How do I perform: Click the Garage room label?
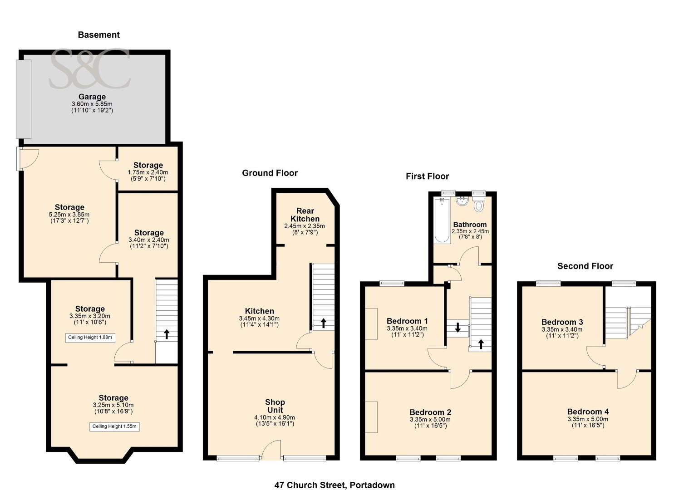click(x=92, y=97)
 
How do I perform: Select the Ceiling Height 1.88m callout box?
click(x=90, y=338)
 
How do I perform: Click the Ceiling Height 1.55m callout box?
click(x=114, y=426)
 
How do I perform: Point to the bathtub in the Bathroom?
click(x=442, y=220)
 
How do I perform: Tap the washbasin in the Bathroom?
click(x=461, y=201)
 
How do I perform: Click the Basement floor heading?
click(x=98, y=35)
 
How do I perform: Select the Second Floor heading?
click(x=585, y=266)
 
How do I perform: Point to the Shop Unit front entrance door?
click(x=271, y=450)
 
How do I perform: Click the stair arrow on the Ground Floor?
click(x=324, y=323)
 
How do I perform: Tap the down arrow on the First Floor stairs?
click(x=458, y=327)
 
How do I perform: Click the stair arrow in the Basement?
click(x=167, y=334)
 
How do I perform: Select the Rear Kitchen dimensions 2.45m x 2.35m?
click(x=305, y=226)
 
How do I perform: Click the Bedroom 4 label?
click(x=588, y=412)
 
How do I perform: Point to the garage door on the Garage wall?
click(x=24, y=99)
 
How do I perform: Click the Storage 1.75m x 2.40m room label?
click(x=148, y=165)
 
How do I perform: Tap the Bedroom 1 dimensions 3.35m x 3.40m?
click(x=407, y=328)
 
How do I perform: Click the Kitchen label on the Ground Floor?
click(x=259, y=311)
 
